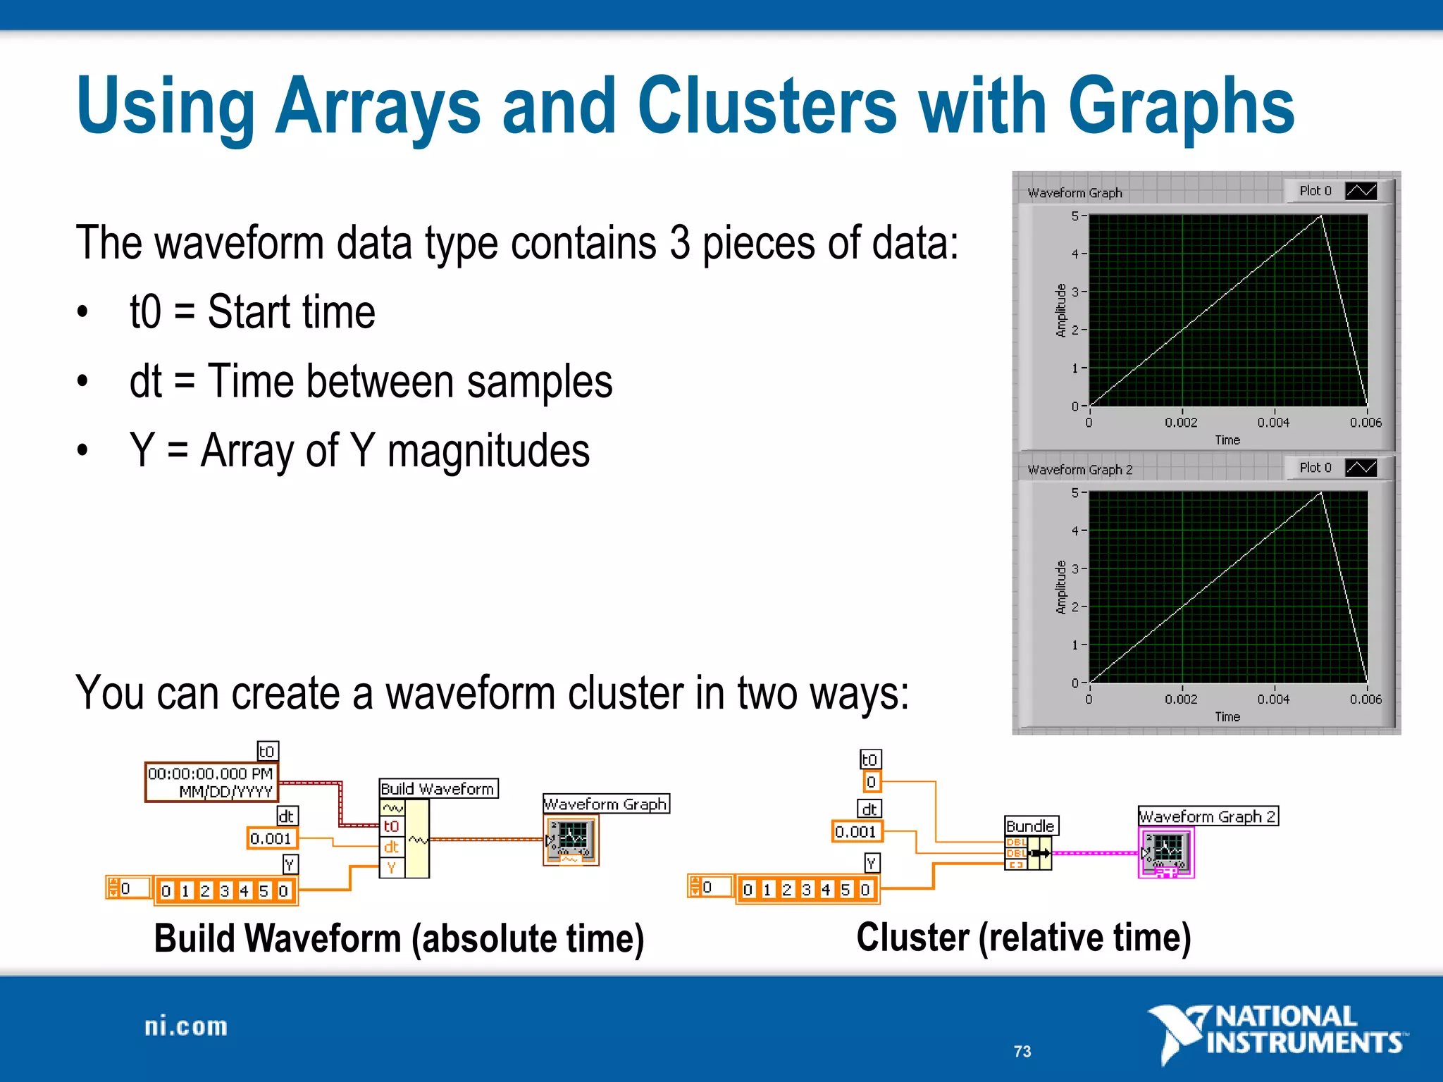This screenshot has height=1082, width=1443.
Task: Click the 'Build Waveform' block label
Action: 438,788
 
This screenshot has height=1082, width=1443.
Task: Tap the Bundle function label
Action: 1029,826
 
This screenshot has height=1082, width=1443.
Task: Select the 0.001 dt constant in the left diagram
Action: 271,838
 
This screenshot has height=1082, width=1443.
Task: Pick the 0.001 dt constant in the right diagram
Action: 856,832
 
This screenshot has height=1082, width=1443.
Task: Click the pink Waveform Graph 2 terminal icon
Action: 1166,852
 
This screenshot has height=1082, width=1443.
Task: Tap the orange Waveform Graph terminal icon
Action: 571,840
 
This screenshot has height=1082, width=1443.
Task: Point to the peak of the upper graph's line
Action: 1320,217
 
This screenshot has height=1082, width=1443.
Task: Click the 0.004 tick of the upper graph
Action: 1273,422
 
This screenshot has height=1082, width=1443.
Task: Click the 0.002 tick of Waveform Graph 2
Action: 1181,699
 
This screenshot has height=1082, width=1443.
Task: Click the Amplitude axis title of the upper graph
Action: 1061,311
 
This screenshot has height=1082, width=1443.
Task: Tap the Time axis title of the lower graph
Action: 1227,716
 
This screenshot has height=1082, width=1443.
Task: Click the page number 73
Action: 1022,1051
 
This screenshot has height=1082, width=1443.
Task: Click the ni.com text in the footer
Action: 186,1026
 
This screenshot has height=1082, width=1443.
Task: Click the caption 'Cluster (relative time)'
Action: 1023,938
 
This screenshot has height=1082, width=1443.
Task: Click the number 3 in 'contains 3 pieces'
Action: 679,243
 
